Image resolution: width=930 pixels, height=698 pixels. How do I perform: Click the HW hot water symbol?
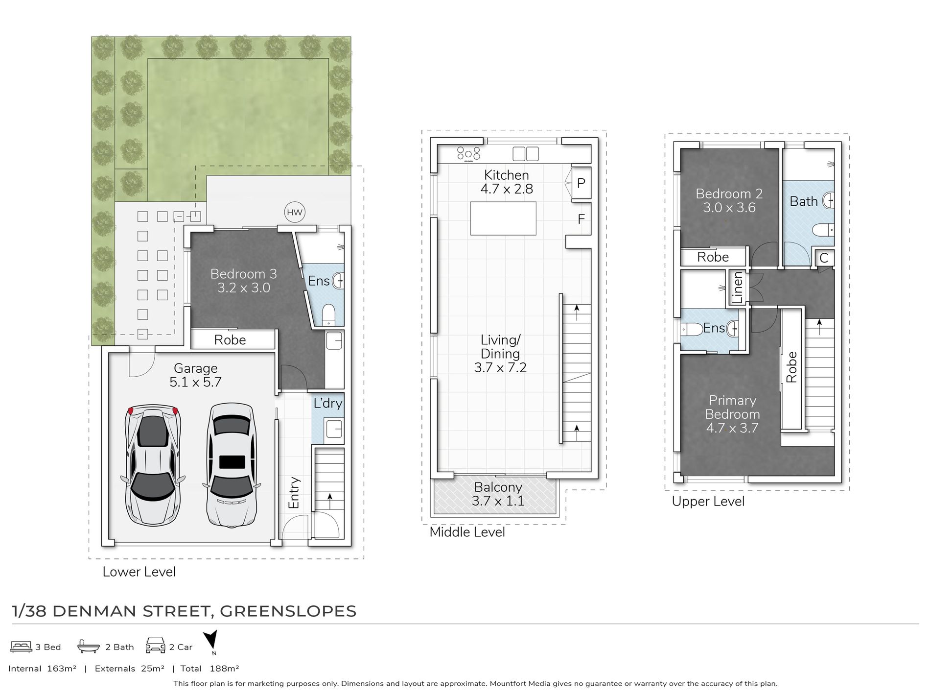coord(295,212)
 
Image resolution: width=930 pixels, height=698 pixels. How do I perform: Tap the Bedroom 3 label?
coord(244,274)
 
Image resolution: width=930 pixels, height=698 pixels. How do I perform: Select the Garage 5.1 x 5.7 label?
coord(196,375)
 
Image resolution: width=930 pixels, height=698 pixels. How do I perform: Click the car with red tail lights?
coord(153,465)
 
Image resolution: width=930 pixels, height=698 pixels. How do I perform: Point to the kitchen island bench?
coord(503,218)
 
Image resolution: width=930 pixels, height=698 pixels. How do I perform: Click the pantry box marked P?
coord(581,184)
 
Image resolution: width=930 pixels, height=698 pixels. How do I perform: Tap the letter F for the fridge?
coord(581,219)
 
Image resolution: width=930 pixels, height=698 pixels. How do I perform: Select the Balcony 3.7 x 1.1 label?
coord(498,494)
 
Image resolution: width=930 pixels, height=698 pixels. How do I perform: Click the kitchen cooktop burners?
coord(468,153)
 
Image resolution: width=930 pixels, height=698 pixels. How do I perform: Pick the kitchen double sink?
coord(526,154)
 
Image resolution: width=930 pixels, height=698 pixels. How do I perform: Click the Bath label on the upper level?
coord(804,201)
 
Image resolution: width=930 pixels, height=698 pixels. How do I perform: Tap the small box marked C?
coord(824,258)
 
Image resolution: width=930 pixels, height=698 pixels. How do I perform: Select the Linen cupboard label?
coord(738,288)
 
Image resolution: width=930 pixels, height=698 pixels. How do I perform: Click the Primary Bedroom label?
coord(732,408)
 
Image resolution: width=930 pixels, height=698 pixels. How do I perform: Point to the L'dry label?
coord(328,403)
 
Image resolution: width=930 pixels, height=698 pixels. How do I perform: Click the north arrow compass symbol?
coord(210,641)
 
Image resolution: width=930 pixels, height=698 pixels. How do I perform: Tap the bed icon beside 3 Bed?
coord(21,647)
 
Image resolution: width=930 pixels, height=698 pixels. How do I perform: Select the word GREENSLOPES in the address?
coord(288,611)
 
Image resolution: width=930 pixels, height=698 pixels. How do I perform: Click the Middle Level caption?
coord(467,532)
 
